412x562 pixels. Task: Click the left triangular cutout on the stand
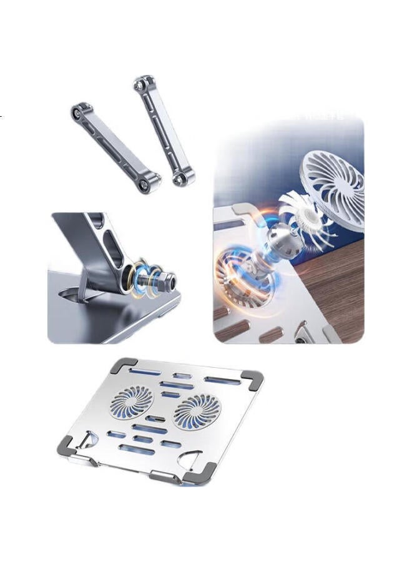tap(91, 439)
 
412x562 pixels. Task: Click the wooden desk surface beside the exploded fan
tap(340, 281)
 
